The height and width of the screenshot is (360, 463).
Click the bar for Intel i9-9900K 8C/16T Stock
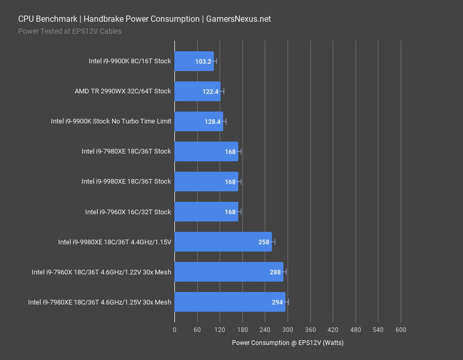pos(193,61)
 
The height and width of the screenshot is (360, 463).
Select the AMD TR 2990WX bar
pos(197,91)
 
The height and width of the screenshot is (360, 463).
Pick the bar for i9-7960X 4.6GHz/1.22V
pos(228,272)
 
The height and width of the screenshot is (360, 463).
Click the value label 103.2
pos(203,62)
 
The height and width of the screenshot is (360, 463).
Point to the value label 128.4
pos(213,122)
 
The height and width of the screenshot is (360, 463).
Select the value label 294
pos(278,302)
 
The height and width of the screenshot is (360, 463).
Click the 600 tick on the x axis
pos(401,330)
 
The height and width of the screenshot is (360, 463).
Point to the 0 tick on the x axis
pos(174,330)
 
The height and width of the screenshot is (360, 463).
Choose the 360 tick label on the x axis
pos(310,330)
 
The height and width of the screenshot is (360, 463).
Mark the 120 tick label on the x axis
pos(220,330)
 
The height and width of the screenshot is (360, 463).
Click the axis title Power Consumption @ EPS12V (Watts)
pos(288,343)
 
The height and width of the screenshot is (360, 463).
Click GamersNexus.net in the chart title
pos(238,19)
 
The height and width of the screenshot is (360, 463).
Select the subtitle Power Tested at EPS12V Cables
pos(70,31)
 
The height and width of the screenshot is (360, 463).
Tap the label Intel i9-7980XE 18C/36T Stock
pos(126,151)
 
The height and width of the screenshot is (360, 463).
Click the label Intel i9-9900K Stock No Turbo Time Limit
pos(111,121)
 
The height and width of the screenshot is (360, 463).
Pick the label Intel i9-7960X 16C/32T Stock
pos(128,212)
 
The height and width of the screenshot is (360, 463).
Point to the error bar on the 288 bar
pos(283,272)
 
